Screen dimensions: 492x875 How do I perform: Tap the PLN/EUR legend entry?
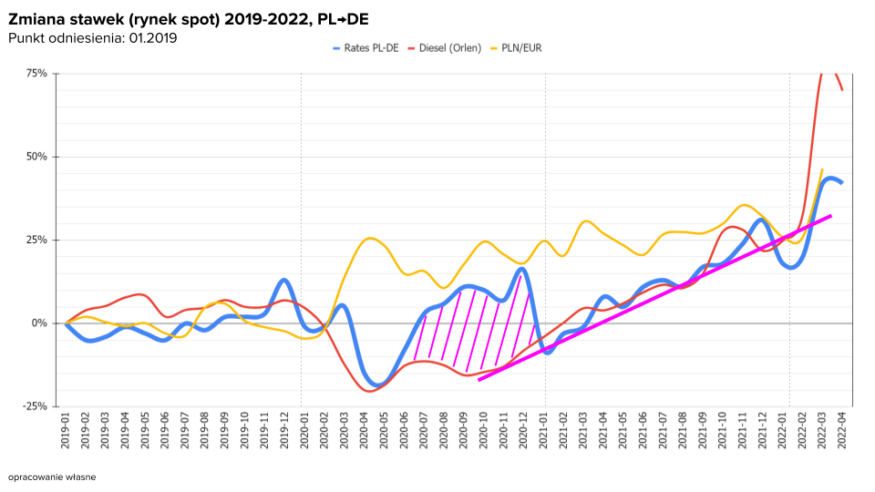(x=522, y=47)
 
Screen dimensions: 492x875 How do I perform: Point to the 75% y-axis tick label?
(x=36, y=73)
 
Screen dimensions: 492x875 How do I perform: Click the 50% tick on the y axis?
(x=36, y=157)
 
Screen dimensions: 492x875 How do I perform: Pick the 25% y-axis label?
(x=36, y=240)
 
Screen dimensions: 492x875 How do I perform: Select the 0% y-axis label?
(x=41, y=323)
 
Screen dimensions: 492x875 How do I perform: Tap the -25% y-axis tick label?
(x=36, y=406)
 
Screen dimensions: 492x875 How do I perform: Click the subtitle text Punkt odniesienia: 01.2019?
(x=92, y=37)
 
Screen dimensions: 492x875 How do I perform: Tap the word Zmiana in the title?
(x=35, y=18)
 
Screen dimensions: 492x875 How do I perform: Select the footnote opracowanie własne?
(x=51, y=477)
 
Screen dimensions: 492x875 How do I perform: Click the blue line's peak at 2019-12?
(x=284, y=280)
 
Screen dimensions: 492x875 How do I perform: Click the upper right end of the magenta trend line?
(x=830, y=216)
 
